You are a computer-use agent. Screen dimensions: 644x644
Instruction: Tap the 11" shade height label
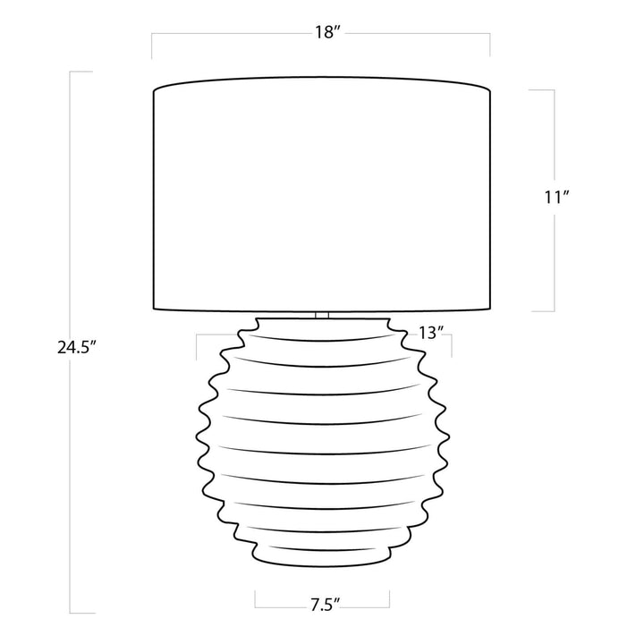pos(556,198)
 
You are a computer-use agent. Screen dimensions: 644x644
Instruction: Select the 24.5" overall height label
pos(76,348)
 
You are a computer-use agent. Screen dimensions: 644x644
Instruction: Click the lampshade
pos(322,193)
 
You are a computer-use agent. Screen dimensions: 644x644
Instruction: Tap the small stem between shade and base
pos(322,314)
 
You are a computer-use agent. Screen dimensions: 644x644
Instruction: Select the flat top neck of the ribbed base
pos(322,319)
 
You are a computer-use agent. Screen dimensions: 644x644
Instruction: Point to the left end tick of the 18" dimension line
pos(152,46)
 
